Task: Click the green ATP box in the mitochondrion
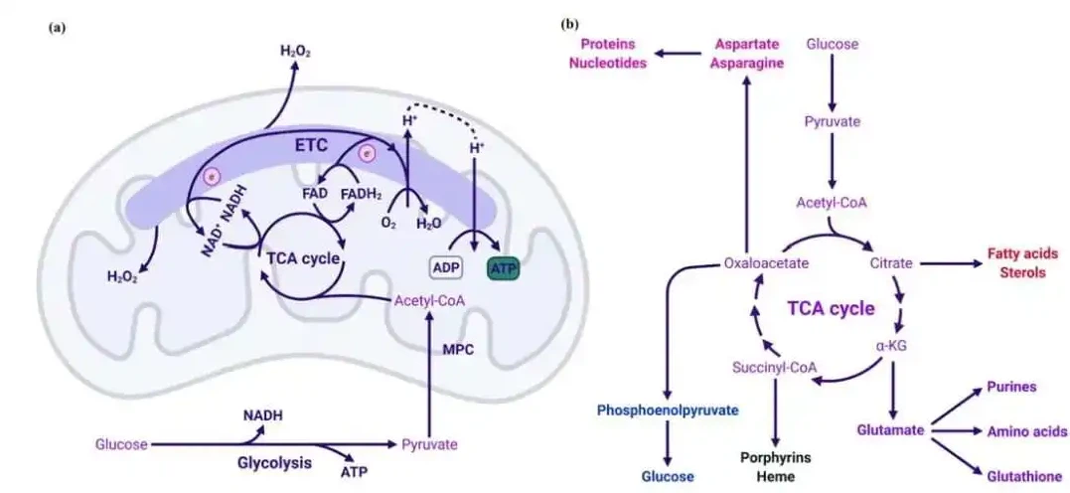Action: coord(502,268)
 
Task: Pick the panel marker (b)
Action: coord(569,23)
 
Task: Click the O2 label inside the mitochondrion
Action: coord(388,224)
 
